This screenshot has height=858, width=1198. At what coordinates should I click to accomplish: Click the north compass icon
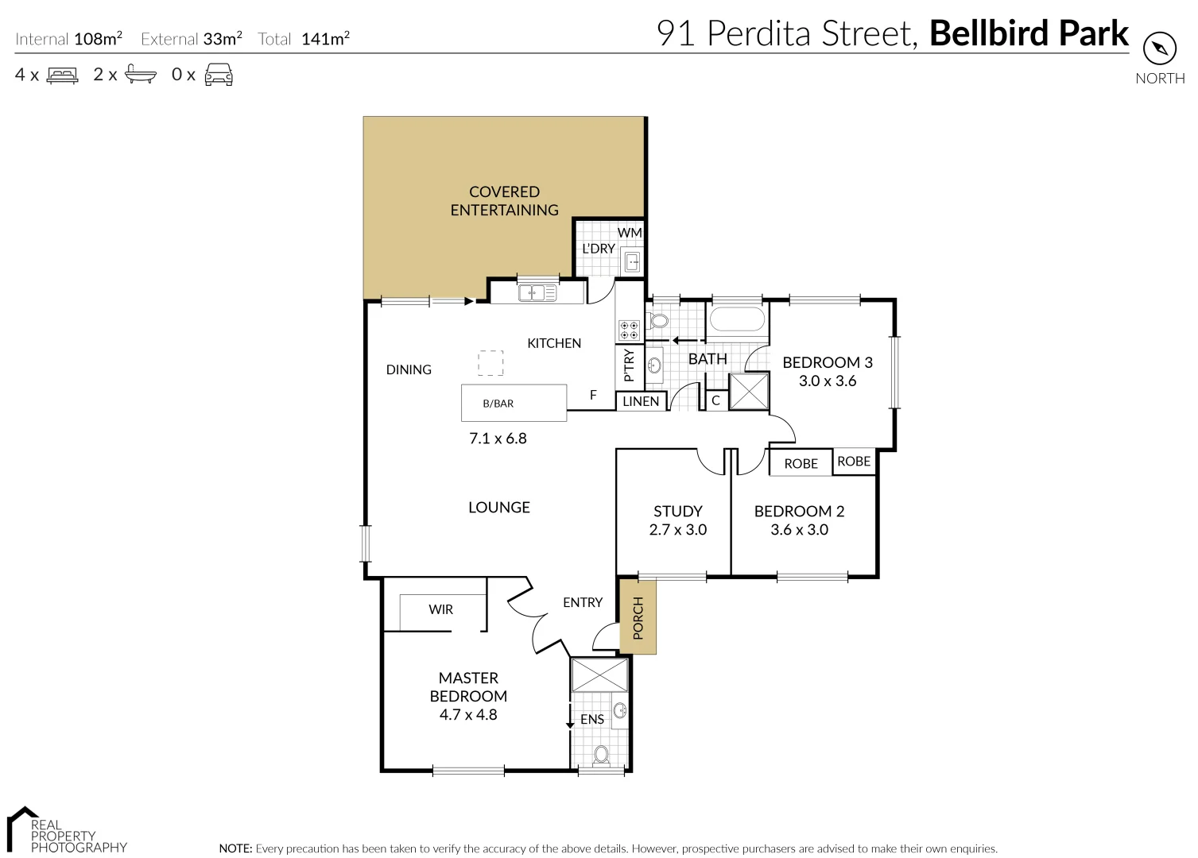(x=1159, y=49)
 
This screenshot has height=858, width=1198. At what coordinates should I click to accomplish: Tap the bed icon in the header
(x=63, y=75)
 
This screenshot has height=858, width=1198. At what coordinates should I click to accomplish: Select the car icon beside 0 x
(x=219, y=75)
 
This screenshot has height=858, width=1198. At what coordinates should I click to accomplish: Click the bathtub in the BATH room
(x=736, y=319)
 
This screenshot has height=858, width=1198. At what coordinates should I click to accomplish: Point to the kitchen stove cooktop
(x=630, y=330)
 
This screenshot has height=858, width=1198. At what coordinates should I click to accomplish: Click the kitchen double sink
(x=538, y=293)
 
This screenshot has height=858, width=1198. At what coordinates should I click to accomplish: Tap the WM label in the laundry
(x=630, y=233)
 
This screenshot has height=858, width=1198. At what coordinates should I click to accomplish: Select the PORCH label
(x=638, y=618)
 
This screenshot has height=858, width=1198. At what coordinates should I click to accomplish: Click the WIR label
(x=440, y=609)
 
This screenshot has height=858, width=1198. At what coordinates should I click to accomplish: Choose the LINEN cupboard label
(x=641, y=401)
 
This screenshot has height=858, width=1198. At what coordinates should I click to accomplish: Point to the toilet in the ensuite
(x=601, y=754)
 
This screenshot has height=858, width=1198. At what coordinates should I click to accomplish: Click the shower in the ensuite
(x=599, y=674)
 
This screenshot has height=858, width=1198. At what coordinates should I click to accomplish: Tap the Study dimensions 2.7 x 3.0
(x=677, y=530)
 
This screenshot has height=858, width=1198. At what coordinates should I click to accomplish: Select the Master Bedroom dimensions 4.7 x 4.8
(x=468, y=714)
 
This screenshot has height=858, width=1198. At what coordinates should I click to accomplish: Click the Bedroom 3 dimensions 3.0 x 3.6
(x=827, y=381)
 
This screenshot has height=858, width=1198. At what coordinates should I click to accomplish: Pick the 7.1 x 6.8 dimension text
(x=498, y=438)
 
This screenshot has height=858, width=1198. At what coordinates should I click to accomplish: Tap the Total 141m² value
(x=325, y=39)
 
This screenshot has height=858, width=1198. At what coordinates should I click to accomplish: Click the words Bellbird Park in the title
(x=1029, y=34)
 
